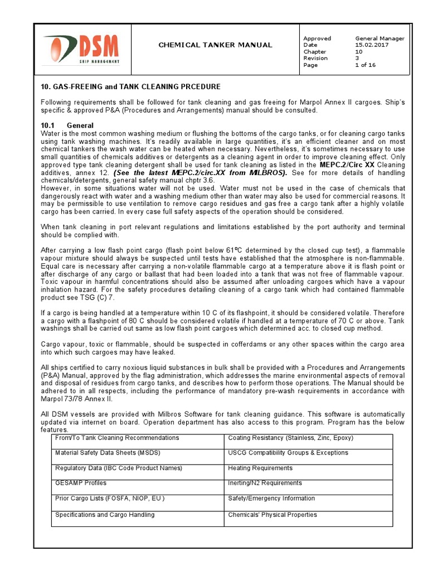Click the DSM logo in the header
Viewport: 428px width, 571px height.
[81, 49]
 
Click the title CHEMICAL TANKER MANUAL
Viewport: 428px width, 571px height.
[215, 45]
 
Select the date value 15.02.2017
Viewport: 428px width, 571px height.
[371, 45]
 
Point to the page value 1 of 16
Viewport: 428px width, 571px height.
[365, 65]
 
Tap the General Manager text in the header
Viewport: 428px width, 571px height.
[380, 38]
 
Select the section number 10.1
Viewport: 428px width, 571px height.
[48, 125]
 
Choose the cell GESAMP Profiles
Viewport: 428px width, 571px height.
[80, 483]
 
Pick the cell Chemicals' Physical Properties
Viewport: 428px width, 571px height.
[272, 515]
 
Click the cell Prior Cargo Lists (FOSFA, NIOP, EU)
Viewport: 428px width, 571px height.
[110, 499]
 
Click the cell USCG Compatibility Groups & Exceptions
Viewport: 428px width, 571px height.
[288, 453]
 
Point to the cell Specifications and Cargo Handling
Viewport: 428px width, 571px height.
[105, 515]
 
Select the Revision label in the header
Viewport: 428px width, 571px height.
[315, 59]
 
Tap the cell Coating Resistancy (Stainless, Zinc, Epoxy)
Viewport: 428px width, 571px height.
[290, 438]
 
